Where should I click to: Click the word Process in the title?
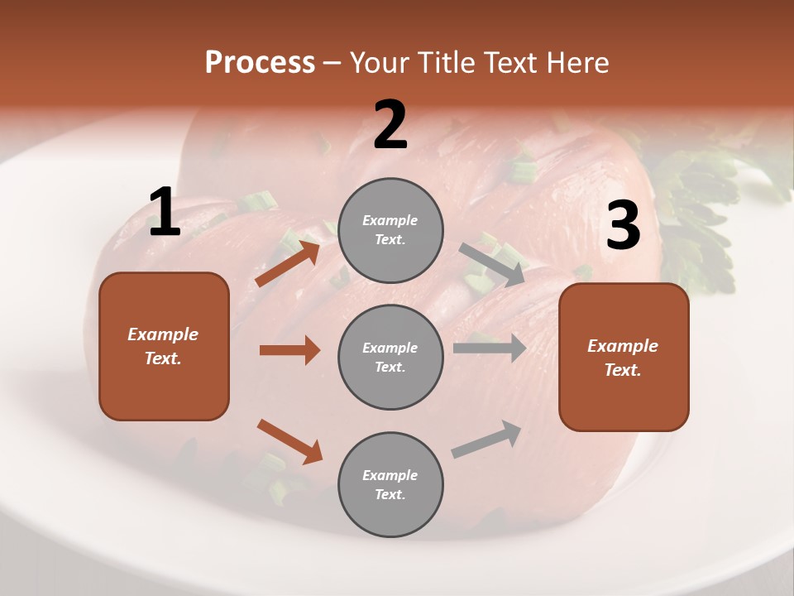coord(260,63)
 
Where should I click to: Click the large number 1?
coord(165,214)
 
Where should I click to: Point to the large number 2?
coord(390,126)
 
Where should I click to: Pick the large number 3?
coord(623,226)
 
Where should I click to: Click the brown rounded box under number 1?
coord(164,346)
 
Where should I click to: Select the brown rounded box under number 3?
coord(624,358)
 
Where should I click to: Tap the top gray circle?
coord(390,230)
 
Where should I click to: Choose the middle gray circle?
coord(390,358)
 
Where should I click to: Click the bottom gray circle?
coord(390,485)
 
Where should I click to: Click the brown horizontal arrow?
coord(289,350)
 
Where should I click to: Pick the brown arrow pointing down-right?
coord(289,441)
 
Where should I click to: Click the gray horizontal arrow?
coord(490,348)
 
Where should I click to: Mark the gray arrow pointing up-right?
coord(487,440)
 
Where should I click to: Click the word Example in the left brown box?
coord(163,334)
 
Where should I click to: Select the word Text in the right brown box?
coord(622,370)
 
